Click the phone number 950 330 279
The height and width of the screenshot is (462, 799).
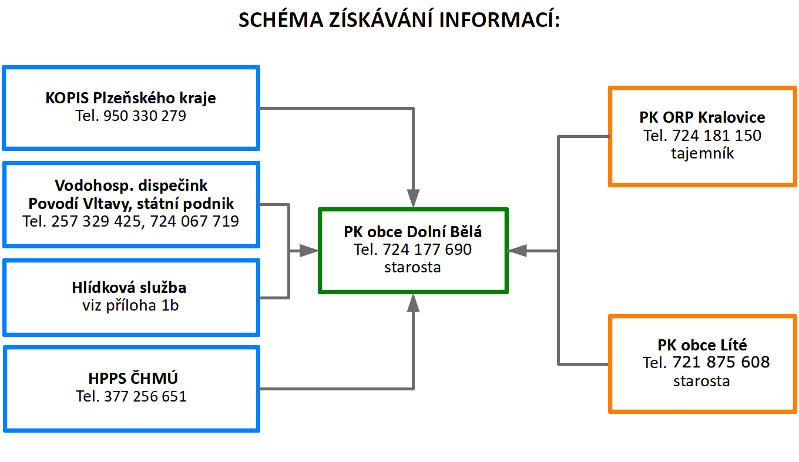coord(145,116)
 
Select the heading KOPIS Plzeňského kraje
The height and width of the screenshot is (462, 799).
coord(130,98)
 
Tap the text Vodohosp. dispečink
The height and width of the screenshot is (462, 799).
coord(131,186)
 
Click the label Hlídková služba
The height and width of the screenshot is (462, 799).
coord(129,288)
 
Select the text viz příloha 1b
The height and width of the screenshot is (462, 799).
coord(130,305)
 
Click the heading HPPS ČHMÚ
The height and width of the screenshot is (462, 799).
coord(130,378)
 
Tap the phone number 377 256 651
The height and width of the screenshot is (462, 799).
coord(145,396)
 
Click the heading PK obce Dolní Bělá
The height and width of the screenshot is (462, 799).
coord(412,232)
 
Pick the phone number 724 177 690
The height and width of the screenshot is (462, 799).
coord(427,249)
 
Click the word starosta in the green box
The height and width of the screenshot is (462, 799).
coord(412,267)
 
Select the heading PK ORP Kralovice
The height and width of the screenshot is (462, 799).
coord(702,117)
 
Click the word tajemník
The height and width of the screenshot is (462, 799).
coord(702,154)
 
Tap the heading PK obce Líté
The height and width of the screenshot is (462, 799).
coord(702,345)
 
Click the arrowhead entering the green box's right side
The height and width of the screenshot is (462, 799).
coord(516,251)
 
